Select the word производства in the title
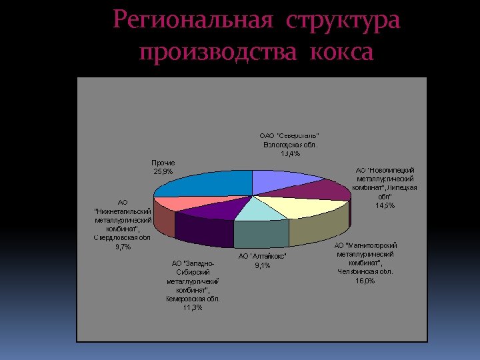(x=216, y=51)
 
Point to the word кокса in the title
(x=341, y=51)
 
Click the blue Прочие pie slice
(x=203, y=183)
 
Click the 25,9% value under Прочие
(x=163, y=172)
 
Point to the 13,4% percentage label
(x=290, y=154)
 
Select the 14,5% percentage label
(x=385, y=205)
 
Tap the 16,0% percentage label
(x=365, y=281)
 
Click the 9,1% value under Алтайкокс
(x=262, y=266)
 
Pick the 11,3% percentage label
(x=193, y=307)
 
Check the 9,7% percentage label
(x=123, y=247)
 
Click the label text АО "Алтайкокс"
(x=262, y=257)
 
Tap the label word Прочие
(x=163, y=163)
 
